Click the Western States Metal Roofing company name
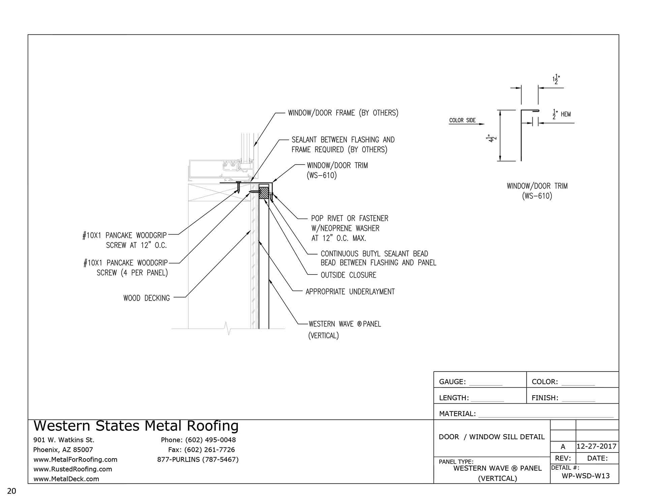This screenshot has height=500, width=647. (x=136, y=426)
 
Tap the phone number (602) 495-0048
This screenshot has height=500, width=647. (x=210, y=440)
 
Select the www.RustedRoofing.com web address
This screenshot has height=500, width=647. (x=73, y=469)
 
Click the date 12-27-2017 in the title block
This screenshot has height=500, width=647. (x=596, y=447)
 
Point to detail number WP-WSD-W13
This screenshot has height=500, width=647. (x=586, y=476)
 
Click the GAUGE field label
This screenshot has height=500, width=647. (x=452, y=382)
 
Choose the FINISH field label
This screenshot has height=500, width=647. (x=545, y=398)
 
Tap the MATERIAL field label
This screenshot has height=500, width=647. (x=457, y=414)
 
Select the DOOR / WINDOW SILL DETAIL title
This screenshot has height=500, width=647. (x=492, y=437)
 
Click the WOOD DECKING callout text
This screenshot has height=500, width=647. (x=147, y=298)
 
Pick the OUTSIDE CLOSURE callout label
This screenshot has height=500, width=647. (x=348, y=275)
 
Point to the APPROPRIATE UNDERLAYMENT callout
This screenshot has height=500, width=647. (x=350, y=292)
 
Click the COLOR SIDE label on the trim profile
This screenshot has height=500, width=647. (x=462, y=120)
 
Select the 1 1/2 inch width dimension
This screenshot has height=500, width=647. (x=556, y=80)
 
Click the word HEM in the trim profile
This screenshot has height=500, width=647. (x=566, y=115)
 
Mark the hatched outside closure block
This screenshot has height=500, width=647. (x=264, y=193)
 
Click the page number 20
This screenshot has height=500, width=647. (x=11, y=491)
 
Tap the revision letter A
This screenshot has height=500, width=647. (x=563, y=447)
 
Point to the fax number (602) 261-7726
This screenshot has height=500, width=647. (x=210, y=450)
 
